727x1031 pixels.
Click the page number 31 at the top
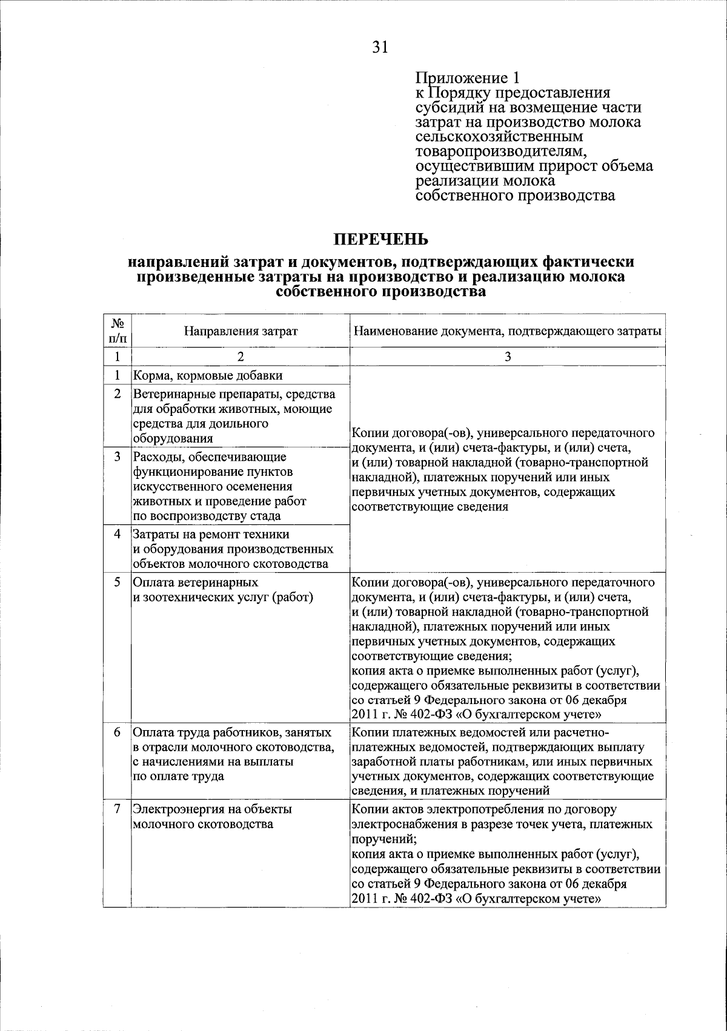tap(380, 47)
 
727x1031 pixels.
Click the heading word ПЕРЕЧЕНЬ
tap(382, 239)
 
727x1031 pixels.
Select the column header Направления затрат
tap(241, 331)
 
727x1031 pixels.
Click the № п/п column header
tap(118, 331)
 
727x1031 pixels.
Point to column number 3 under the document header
tap(508, 357)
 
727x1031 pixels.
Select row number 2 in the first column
tap(118, 394)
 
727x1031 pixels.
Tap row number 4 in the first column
tap(118, 534)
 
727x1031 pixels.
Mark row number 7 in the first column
tap(118, 809)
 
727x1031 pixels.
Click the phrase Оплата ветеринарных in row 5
tap(195, 582)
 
